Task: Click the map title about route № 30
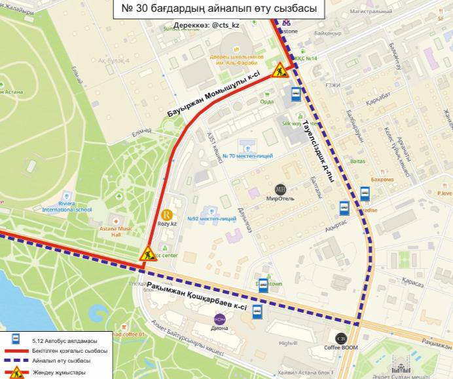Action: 219,10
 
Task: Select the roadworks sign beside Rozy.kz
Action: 147,252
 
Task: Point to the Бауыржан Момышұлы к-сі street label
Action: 204,96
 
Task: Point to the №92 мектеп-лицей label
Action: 211,218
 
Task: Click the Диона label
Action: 220,329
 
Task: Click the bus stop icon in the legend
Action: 15,340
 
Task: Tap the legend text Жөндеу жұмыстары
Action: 58,372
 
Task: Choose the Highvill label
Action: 288,343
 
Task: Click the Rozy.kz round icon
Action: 167,214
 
